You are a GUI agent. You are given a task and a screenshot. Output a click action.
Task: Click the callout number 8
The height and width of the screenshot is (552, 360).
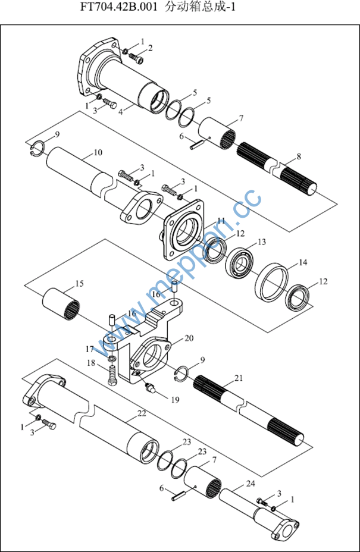point(299,156)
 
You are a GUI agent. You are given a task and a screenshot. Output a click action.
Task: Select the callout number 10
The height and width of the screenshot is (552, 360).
point(98,153)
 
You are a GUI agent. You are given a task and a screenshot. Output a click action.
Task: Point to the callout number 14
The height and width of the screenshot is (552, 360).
point(303,262)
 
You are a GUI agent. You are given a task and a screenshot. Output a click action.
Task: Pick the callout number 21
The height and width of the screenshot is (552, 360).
point(239,378)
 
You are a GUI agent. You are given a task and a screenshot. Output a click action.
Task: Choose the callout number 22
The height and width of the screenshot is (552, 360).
point(142,413)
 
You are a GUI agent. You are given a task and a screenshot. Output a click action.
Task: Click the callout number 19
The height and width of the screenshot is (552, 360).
point(175,400)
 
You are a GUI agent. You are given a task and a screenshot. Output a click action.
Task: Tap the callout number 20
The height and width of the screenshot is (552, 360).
point(189,338)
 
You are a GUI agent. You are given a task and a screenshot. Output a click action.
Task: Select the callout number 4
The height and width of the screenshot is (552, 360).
point(121,111)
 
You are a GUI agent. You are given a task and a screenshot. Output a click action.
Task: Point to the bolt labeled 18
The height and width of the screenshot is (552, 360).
point(112,375)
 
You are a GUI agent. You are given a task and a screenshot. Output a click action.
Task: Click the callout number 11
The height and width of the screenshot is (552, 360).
point(221,221)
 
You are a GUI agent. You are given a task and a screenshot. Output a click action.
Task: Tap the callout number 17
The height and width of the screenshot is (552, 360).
point(90,349)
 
